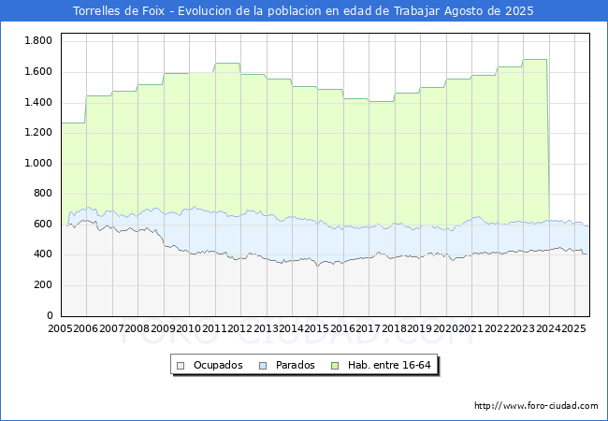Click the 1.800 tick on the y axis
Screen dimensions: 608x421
[x=38, y=41]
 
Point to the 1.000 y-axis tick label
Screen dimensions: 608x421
[x=38, y=163]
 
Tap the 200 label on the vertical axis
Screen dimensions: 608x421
[x=43, y=285]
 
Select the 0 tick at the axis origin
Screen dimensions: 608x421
[x=50, y=315]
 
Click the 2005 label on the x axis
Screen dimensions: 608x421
[x=60, y=328]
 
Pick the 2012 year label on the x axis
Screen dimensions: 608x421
[x=240, y=328]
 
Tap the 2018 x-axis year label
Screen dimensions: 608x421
[x=394, y=328]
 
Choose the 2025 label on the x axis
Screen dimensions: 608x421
[x=574, y=328]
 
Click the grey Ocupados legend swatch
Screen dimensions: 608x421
[x=181, y=366]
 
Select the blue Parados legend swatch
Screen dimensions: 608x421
[x=263, y=366]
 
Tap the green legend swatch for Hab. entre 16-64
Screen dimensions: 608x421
[x=335, y=366]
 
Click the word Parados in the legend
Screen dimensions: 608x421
[x=295, y=365]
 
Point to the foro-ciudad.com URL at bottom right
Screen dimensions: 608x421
[x=536, y=406]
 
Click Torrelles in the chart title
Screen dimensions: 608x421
[x=97, y=11]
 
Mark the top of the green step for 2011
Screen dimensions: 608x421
[x=227, y=64]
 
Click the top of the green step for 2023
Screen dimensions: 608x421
[x=535, y=59]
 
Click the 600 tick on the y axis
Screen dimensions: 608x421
[x=43, y=225]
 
